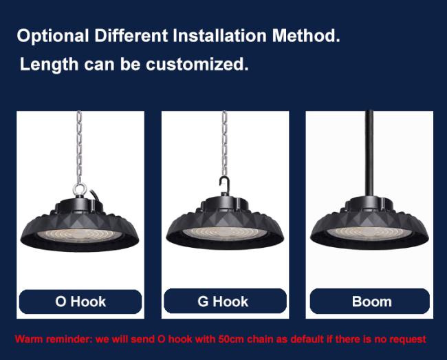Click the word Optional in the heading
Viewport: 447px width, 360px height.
click(x=53, y=36)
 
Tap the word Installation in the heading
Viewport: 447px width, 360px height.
click(x=220, y=36)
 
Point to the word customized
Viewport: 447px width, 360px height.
click(x=197, y=64)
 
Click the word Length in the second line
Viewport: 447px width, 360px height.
click(x=49, y=65)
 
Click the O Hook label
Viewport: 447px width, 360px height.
click(x=80, y=301)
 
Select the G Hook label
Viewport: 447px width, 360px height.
click(x=223, y=301)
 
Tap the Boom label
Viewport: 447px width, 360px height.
click(x=372, y=301)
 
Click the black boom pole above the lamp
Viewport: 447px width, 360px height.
click(x=369, y=153)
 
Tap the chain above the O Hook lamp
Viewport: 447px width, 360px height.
click(x=79, y=147)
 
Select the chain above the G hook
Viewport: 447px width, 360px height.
click(x=225, y=143)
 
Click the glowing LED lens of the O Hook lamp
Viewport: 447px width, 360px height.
click(x=80, y=235)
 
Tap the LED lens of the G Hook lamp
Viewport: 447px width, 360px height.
click(x=225, y=233)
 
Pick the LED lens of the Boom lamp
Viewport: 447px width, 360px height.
click(x=369, y=233)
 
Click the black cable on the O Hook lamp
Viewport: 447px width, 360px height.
click(x=95, y=195)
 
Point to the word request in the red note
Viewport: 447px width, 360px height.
click(x=408, y=340)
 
